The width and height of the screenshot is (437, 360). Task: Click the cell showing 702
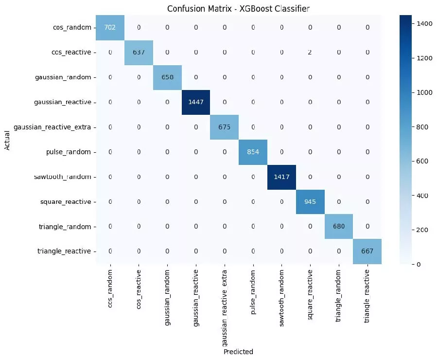(x=110, y=27)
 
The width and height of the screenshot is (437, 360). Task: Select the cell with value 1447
(x=196, y=102)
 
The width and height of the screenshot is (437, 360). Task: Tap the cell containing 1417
(x=281, y=177)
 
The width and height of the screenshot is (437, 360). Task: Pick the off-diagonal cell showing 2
(x=310, y=52)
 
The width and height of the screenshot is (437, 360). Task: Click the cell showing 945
(x=310, y=201)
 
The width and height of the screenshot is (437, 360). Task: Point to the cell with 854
(x=253, y=152)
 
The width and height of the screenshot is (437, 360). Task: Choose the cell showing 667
(x=367, y=251)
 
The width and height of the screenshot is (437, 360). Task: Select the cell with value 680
(x=339, y=226)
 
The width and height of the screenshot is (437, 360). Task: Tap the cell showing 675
(x=225, y=127)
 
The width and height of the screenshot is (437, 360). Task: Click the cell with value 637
(x=139, y=52)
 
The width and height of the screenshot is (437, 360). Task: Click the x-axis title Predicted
(x=238, y=351)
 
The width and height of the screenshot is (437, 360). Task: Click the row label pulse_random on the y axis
(x=68, y=152)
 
